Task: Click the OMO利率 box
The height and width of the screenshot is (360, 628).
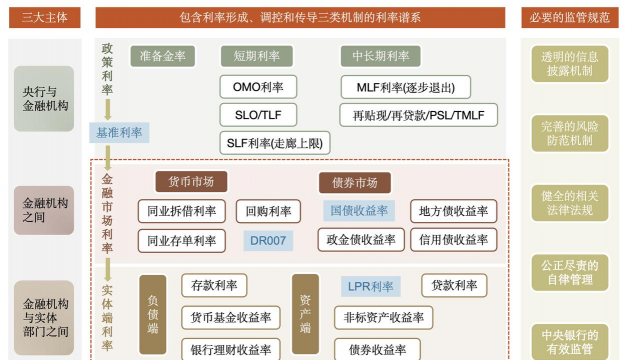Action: click(x=258, y=87)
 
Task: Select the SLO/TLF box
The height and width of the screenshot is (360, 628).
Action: click(x=258, y=115)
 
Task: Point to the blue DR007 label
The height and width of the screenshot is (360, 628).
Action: click(x=267, y=241)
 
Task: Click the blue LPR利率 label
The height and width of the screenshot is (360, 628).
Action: click(x=370, y=287)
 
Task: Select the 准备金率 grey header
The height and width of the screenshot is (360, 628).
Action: click(x=163, y=57)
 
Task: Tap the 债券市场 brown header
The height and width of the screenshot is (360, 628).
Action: click(x=355, y=183)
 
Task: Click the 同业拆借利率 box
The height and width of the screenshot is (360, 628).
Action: click(x=182, y=211)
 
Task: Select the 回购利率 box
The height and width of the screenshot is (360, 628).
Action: click(x=268, y=211)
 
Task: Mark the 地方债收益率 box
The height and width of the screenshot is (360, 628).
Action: click(x=453, y=211)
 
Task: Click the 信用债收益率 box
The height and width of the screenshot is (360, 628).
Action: click(x=453, y=240)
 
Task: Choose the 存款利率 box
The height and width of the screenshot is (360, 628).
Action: click(x=214, y=286)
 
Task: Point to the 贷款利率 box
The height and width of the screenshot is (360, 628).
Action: click(x=454, y=286)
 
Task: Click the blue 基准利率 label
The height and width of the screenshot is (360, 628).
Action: click(x=119, y=131)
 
